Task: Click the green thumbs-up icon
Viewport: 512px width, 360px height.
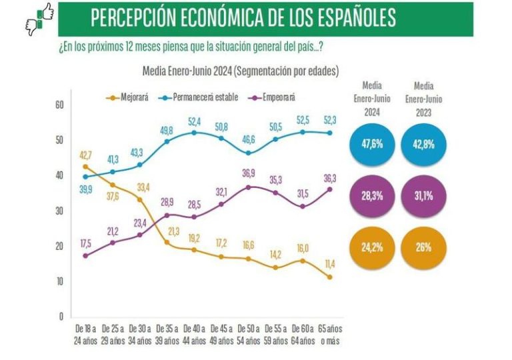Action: tap(45, 11)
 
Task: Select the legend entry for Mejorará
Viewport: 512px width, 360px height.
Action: tap(130, 97)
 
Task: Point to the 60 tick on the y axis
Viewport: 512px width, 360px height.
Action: tap(59, 105)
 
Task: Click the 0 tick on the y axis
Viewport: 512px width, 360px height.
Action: tap(61, 316)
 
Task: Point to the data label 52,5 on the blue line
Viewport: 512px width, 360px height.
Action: tap(303, 120)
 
